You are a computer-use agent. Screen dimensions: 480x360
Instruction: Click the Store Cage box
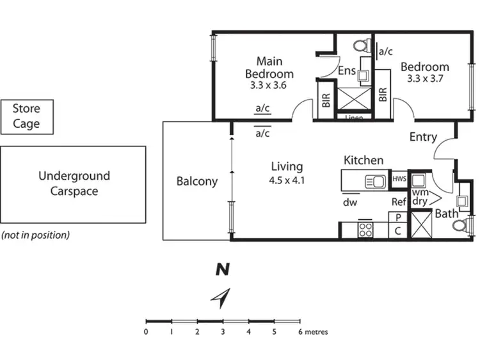(x=26, y=117)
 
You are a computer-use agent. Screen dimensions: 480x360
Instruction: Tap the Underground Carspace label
(x=74, y=184)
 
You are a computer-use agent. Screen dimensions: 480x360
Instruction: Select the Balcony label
(x=197, y=182)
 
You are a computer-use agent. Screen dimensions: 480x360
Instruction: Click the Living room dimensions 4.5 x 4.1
(x=286, y=180)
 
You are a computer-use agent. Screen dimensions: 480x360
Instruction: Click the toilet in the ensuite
(x=362, y=46)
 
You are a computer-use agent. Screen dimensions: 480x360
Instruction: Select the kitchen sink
(x=374, y=182)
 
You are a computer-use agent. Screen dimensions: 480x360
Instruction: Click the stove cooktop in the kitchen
(x=365, y=229)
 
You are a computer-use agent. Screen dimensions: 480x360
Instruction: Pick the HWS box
(x=399, y=179)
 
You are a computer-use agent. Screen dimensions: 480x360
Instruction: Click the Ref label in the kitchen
(x=399, y=203)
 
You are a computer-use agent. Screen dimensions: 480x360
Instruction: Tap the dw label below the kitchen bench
(x=350, y=203)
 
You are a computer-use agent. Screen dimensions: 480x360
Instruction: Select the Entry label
(x=423, y=137)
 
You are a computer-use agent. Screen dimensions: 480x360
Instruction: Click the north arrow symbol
(x=222, y=297)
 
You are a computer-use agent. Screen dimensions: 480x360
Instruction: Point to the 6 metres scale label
(x=313, y=332)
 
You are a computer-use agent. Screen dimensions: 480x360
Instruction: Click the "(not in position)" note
(x=35, y=235)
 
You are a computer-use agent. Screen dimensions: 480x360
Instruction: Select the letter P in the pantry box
(x=397, y=217)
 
